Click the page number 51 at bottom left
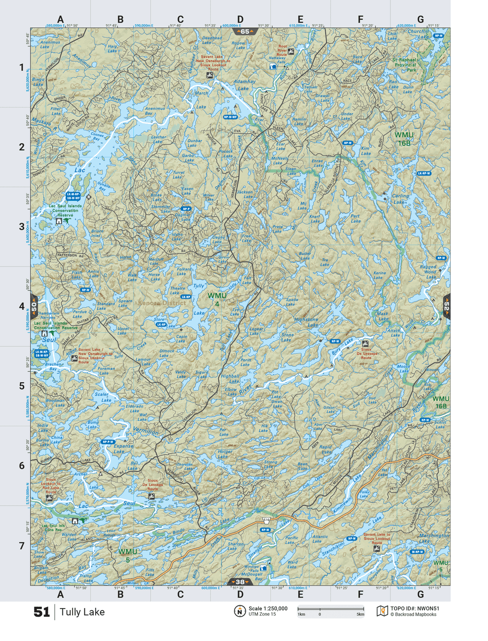coord(41,612)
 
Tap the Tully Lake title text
coord(82,612)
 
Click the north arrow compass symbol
coord(240,611)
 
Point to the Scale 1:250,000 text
coord(268,608)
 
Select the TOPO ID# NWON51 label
coord(414,608)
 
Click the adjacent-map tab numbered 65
coord(244,31)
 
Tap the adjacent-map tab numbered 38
coord(240,582)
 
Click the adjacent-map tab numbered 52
coord(447,307)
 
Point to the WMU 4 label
coord(217,299)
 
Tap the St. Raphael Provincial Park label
coord(405,65)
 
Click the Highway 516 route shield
coord(266,520)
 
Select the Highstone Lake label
coord(306,322)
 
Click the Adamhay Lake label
coord(244,84)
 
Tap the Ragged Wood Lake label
coord(429,272)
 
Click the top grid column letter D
coord(240,19)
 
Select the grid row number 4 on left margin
coord(22,306)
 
